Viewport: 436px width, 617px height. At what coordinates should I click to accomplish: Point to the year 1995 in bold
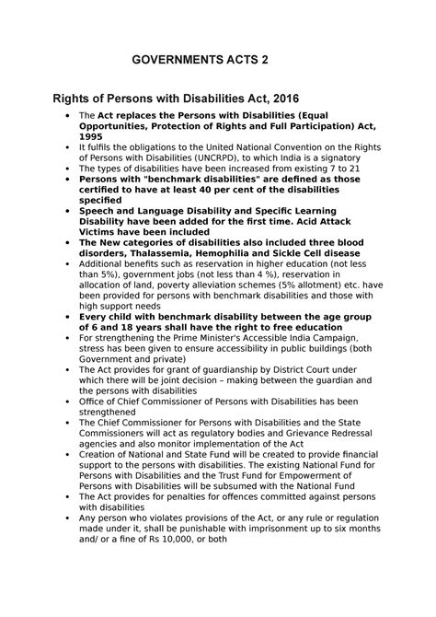pyautogui.click(x=92, y=136)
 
